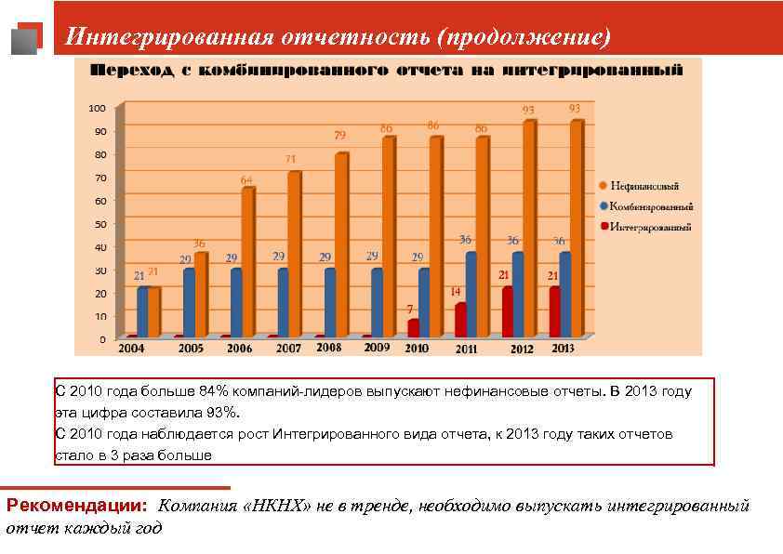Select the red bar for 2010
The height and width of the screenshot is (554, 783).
coord(414,327)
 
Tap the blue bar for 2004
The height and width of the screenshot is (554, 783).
coord(141,311)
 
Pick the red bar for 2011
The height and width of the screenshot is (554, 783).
coord(460,320)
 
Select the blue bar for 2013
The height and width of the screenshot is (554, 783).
coord(564,294)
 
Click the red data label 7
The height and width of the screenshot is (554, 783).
coord(410,309)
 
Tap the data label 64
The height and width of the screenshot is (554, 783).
coord(246,179)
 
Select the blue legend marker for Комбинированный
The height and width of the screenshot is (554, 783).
coord(604,206)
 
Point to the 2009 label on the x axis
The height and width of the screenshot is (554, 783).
coord(377,348)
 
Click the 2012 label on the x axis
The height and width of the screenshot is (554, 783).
coord(521,349)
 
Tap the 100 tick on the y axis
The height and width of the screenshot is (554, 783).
coord(97,108)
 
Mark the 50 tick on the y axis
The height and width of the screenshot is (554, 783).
coord(100,224)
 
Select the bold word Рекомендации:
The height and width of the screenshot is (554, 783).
coord(77,507)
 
